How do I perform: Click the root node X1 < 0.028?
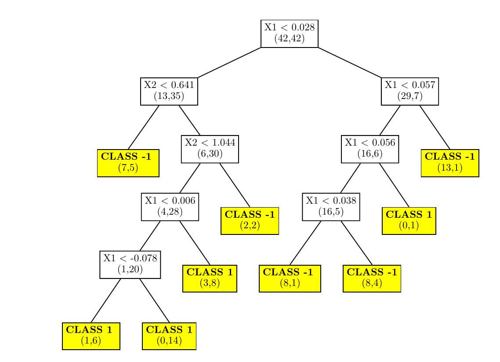(x=289, y=33)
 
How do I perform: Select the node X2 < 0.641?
(x=169, y=91)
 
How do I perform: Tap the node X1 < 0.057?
(x=409, y=91)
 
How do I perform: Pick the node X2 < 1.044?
(x=210, y=149)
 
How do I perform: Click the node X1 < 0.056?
(x=370, y=149)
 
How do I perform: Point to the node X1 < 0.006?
(x=170, y=207)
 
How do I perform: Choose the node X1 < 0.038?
(x=330, y=207)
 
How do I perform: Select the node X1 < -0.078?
(x=130, y=264)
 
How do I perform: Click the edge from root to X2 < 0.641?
(x=229, y=62)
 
